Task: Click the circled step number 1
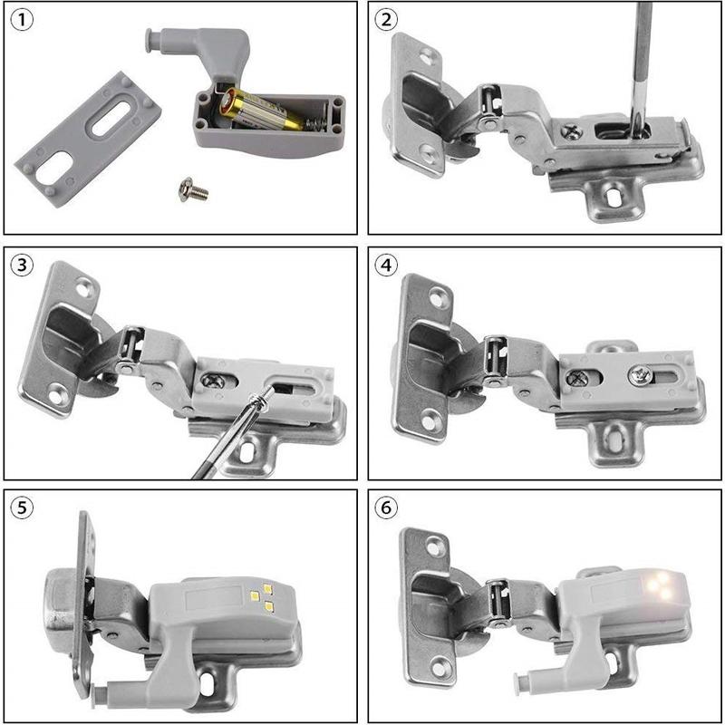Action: pyautogui.click(x=21, y=20)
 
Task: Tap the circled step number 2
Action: pyautogui.click(x=387, y=20)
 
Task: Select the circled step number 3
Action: pyautogui.click(x=21, y=265)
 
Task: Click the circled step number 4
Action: pyautogui.click(x=387, y=265)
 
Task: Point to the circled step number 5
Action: pyautogui.click(x=21, y=507)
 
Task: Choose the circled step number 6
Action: pyautogui.click(x=387, y=507)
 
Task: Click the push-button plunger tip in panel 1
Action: pyautogui.click(x=150, y=37)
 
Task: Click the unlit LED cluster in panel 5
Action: pyautogui.click(x=263, y=593)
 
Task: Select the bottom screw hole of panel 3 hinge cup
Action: pyautogui.click(x=59, y=394)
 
